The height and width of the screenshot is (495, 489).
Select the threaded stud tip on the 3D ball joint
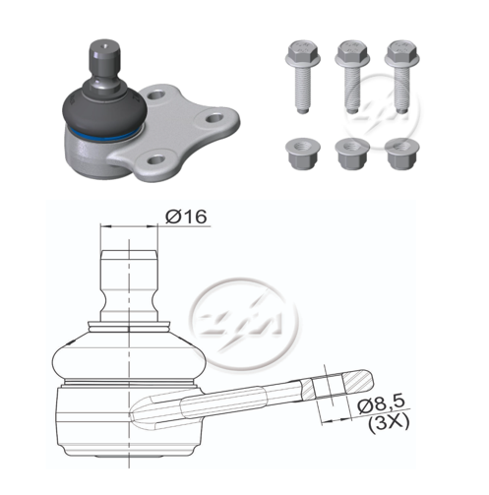100,54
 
